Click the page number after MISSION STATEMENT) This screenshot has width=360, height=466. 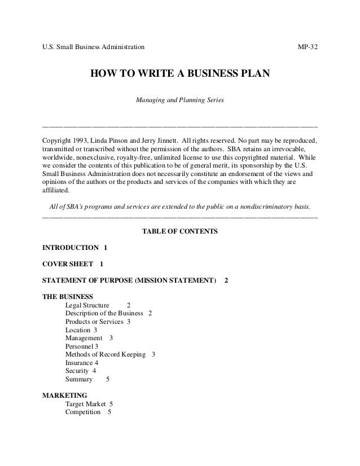(226, 280)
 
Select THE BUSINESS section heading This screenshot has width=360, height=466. (68, 296)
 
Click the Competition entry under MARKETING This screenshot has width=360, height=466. (84, 412)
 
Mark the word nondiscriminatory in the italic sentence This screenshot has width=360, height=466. (268, 206)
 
